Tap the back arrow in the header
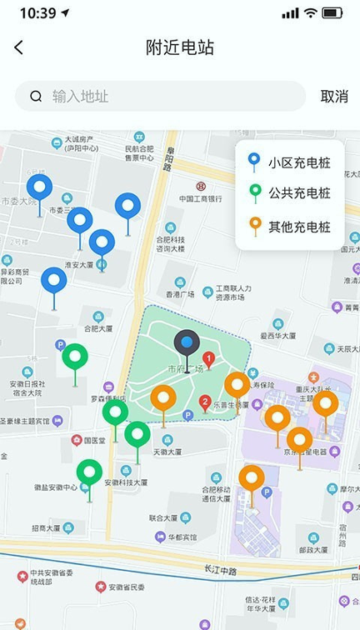19,48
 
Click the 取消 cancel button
334,97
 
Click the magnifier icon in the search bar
36,97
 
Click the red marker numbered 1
208,360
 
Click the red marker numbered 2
205,403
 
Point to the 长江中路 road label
220,570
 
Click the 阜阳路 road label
168,159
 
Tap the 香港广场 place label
179,295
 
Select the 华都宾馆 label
179,538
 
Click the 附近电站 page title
180,48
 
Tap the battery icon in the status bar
332,13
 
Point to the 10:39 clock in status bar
37,13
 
